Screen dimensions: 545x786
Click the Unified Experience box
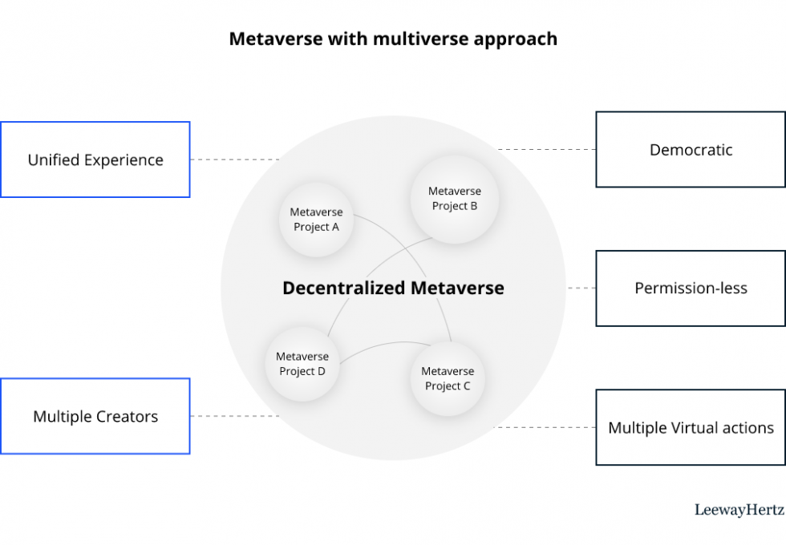tap(95, 159)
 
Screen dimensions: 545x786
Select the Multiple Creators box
tap(95, 416)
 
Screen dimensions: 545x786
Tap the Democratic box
tap(691, 150)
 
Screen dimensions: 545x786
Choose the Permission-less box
tap(691, 289)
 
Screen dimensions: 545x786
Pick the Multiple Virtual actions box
tap(691, 427)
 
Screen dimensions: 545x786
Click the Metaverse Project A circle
tap(316, 220)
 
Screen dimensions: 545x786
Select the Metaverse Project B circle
tap(455, 199)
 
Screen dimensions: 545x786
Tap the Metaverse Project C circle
tap(448, 378)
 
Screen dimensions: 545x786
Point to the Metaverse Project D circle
tap(302, 364)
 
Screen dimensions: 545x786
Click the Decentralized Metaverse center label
tap(393, 289)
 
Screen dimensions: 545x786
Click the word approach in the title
tap(517, 39)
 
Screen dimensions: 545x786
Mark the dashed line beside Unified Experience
tap(234, 159)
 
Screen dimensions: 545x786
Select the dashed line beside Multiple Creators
tap(234, 416)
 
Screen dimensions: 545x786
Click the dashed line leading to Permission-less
tap(581, 289)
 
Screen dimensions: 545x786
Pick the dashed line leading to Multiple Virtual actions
tap(544, 427)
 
